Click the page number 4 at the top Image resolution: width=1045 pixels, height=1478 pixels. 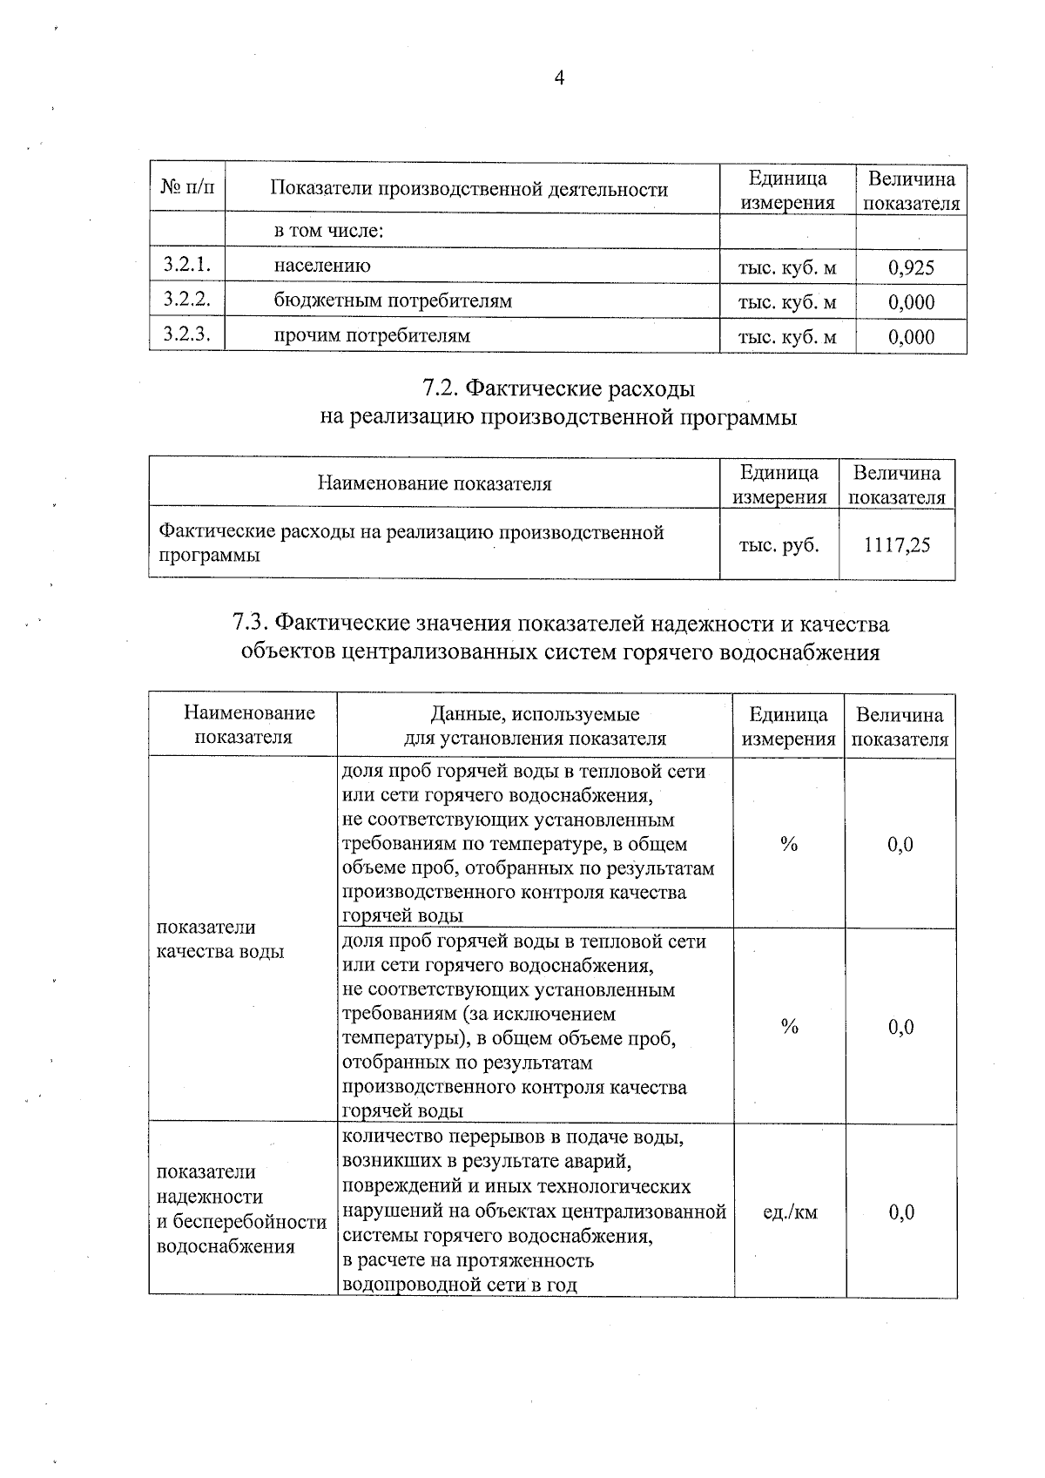[x=559, y=79]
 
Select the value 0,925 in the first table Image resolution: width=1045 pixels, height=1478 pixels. [x=911, y=267]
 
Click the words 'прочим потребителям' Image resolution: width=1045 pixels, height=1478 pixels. [x=372, y=335]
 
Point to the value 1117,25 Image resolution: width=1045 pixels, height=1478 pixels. [x=897, y=545]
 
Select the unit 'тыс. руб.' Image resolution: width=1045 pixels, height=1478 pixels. [x=779, y=545]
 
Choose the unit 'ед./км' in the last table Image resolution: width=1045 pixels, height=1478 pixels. [x=790, y=1211]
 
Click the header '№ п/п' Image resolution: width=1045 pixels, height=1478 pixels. [x=187, y=188]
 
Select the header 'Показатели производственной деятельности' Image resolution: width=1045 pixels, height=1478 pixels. [x=469, y=189]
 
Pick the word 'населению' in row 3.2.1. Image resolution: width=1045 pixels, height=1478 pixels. [x=322, y=266]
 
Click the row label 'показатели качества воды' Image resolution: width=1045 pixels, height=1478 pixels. [x=219, y=939]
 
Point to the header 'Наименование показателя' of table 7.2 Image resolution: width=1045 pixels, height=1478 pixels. [x=434, y=483]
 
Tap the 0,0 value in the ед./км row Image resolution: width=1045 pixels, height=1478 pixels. [x=901, y=1211]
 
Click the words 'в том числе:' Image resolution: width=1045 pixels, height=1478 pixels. [x=329, y=231]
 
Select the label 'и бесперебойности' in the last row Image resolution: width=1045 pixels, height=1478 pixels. [x=241, y=1222]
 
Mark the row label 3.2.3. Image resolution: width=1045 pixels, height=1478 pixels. [x=187, y=334]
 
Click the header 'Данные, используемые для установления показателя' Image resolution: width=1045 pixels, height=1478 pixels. [x=535, y=726]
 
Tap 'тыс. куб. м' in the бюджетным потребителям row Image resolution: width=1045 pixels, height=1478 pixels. [x=787, y=302]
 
